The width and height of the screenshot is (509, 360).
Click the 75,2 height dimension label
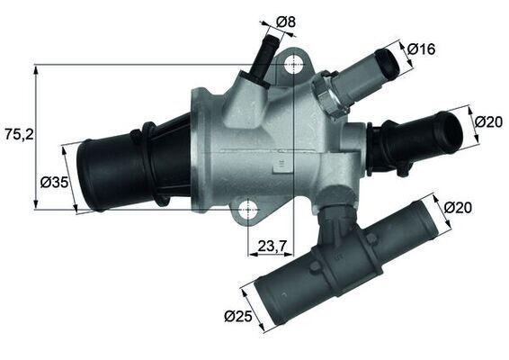(19, 134)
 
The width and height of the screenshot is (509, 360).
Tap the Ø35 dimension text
(55, 183)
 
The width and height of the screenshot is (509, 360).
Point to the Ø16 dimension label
(421, 49)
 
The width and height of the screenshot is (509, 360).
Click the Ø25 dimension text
(237, 317)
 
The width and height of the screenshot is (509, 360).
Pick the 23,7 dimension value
(272, 244)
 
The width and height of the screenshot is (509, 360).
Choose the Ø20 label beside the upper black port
(487, 121)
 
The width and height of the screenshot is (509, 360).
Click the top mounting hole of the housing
(293, 65)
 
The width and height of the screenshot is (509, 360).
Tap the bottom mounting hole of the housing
(247, 211)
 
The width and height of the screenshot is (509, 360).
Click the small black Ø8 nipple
(262, 60)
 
